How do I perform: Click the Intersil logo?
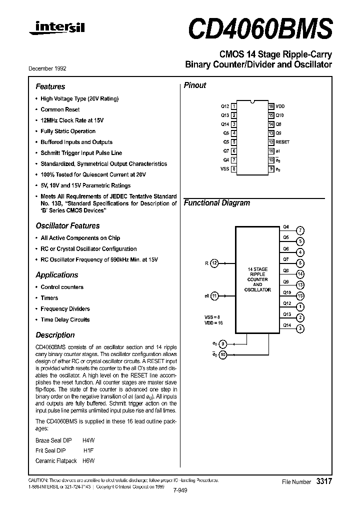click(x=56, y=29)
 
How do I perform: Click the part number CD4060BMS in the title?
click(x=260, y=28)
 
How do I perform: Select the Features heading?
click(x=50, y=86)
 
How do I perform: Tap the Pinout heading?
click(x=195, y=85)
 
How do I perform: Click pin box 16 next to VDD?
click(x=271, y=106)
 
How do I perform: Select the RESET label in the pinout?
click(x=282, y=142)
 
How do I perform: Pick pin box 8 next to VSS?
click(x=234, y=169)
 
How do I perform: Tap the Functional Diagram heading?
click(x=216, y=203)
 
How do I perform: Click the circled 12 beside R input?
click(x=214, y=263)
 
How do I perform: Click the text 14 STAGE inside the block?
click(x=258, y=269)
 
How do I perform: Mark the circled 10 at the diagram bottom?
click(x=223, y=355)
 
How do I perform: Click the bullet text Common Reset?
click(x=60, y=109)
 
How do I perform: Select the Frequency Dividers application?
click(x=65, y=309)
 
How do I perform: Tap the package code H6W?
click(x=88, y=460)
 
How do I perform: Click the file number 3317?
click(x=323, y=481)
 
